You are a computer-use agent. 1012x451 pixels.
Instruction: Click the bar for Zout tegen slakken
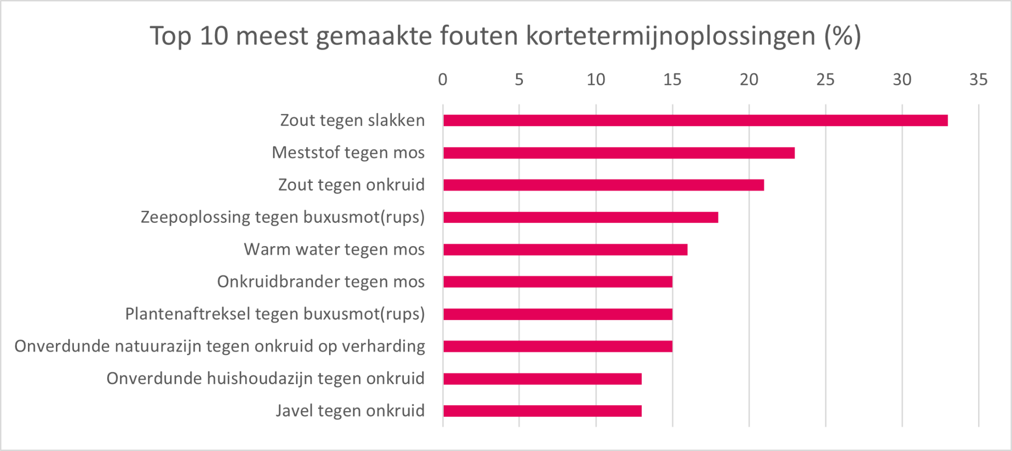695,120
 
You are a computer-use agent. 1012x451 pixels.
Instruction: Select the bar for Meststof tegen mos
618,152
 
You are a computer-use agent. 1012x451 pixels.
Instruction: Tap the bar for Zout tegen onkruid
603,185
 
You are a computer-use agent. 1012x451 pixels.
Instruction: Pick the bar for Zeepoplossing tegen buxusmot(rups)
580,217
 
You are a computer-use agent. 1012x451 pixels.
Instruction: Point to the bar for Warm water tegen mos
565,250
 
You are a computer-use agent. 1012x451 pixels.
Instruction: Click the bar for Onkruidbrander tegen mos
557,282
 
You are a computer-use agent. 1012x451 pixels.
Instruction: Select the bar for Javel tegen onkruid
542,411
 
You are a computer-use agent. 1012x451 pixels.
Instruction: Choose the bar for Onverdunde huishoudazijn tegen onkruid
542,379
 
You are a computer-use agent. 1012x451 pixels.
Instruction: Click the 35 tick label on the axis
978,80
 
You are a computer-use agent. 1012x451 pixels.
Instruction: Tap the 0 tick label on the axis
443,80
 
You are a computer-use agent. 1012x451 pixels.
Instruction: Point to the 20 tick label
749,80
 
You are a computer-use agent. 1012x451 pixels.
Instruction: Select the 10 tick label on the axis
596,80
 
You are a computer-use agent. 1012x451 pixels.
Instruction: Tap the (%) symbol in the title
843,36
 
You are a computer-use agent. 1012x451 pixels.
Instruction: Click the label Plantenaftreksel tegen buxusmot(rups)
275,314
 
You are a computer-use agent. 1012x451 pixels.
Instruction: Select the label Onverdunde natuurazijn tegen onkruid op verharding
219,346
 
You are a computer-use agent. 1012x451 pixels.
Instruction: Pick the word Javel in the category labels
294,411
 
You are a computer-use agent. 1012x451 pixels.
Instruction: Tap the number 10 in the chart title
214,36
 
